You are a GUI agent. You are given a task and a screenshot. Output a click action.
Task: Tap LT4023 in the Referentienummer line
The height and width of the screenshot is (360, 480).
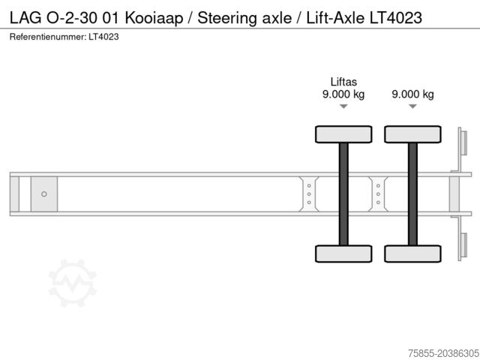(x=103, y=36)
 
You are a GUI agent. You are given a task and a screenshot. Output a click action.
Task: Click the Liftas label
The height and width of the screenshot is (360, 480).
(x=343, y=82)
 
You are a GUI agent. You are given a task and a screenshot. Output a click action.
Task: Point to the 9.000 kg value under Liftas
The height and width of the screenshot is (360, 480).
(x=343, y=94)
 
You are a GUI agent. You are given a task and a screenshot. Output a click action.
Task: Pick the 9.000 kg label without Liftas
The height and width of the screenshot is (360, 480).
(x=412, y=94)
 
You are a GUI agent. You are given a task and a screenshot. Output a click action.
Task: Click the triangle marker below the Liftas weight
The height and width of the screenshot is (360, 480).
(x=343, y=107)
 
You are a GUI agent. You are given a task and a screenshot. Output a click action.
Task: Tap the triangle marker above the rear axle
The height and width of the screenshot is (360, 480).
(x=412, y=107)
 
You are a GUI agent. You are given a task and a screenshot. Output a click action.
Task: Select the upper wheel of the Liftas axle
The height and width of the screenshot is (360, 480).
(x=343, y=134)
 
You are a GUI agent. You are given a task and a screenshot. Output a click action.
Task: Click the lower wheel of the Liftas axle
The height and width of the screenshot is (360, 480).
(x=343, y=253)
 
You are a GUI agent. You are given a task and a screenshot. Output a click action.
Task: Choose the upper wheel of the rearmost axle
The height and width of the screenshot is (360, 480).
(x=412, y=134)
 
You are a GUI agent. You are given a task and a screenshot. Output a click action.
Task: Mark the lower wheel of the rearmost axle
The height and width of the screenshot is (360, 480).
(x=412, y=253)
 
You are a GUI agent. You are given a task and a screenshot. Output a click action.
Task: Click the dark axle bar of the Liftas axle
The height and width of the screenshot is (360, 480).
(x=343, y=193)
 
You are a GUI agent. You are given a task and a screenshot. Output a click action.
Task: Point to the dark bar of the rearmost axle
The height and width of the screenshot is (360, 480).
(x=412, y=193)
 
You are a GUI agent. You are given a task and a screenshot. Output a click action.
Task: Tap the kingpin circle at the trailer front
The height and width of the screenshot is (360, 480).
(x=44, y=194)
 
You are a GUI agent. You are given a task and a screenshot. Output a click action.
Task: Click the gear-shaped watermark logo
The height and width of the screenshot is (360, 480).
(x=73, y=283)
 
